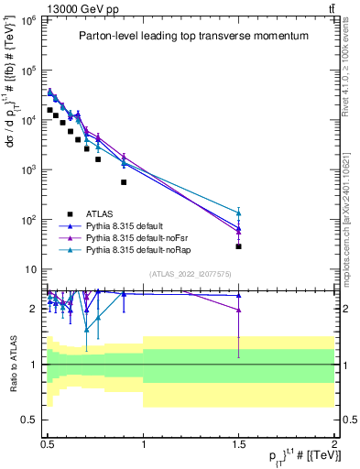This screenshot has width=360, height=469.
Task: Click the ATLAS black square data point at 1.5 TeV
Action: coord(238,246)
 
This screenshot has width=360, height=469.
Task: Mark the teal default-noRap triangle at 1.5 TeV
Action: coord(238,213)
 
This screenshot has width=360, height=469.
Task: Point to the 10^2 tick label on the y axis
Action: coord(30,220)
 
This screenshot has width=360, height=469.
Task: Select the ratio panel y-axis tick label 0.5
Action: coord(31,420)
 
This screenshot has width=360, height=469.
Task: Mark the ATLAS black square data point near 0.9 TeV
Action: coord(124,181)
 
